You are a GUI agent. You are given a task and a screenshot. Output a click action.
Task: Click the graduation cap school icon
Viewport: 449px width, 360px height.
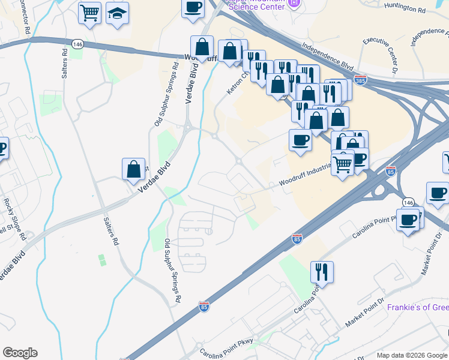pos(118,13)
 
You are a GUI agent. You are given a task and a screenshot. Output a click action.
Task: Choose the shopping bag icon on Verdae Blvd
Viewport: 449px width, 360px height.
pos(133,169)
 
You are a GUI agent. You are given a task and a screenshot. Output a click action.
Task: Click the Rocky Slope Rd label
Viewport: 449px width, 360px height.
pos(14,220)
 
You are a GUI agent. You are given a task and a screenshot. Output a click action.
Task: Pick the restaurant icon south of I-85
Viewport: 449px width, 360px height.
pos(322,272)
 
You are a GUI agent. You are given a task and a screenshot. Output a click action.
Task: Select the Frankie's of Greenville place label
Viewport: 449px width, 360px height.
pos(418,307)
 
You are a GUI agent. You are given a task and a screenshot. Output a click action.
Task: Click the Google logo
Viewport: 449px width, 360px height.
pos(20,353)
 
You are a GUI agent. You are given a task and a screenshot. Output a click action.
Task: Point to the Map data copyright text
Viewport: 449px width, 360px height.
pos(412,355)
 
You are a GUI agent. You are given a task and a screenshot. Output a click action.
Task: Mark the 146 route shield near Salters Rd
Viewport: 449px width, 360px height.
pos(77,44)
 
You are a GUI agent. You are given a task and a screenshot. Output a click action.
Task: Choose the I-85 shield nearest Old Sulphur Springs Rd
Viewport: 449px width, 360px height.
pos(204,307)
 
